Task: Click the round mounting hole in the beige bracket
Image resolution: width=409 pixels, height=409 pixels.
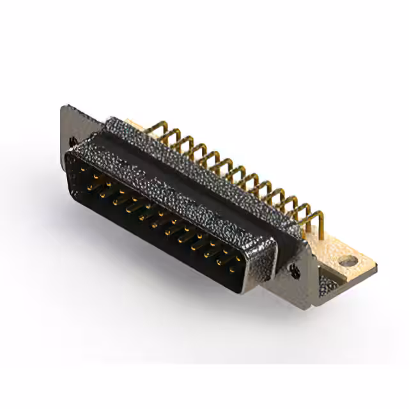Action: [347, 260]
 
